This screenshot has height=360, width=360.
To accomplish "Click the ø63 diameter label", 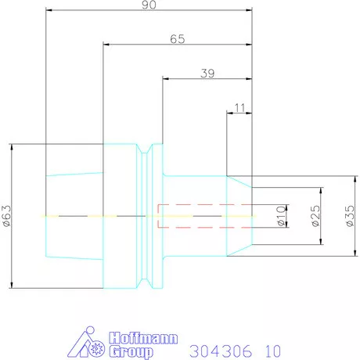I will click(7, 215).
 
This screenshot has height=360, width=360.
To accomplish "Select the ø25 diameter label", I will click(315, 217).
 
